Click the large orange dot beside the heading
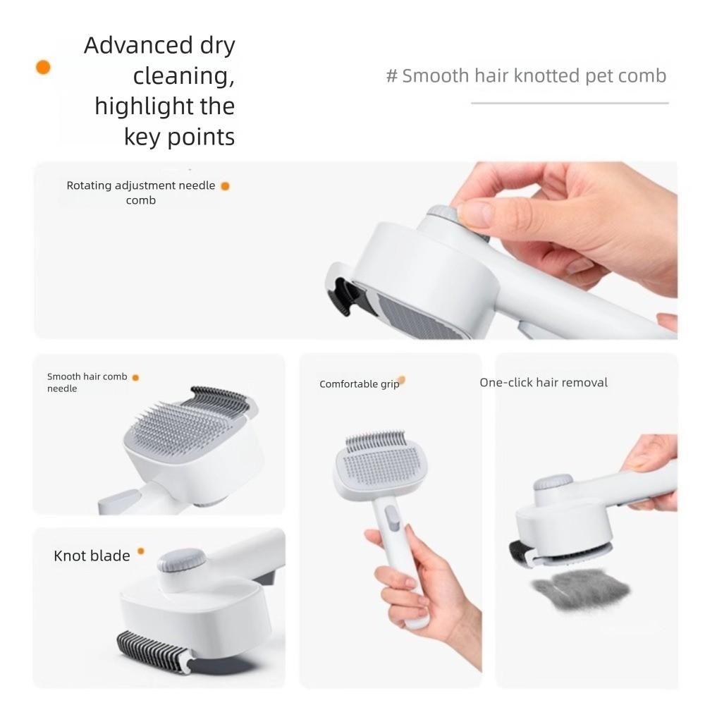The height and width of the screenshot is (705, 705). pyautogui.click(x=43, y=68)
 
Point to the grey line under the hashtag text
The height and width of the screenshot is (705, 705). pyautogui.click(x=569, y=103)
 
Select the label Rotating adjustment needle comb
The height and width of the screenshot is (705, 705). pyautogui.click(x=140, y=192)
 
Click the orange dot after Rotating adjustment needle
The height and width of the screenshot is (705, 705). pyautogui.click(x=226, y=186)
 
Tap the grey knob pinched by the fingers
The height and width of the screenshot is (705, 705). pyautogui.click(x=444, y=214)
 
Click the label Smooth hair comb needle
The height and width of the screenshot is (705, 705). pyautogui.click(x=87, y=382)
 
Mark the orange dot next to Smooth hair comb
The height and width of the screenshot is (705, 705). pyautogui.click(x=135, y=377)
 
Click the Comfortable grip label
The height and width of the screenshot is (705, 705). pyautogui.click(x=359, y=384)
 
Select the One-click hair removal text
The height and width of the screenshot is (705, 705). pyautogui.click(x=544, y=382)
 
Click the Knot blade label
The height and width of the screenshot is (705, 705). pyautogui.click(x=92, y=556)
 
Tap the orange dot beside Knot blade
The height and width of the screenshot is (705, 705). pyautogui.click(x=141, y=551)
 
